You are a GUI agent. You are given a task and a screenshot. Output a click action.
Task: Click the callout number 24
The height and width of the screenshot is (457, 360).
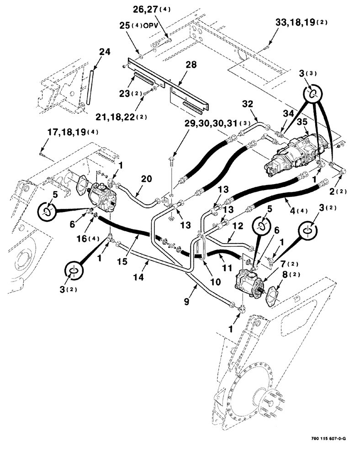(105, 52)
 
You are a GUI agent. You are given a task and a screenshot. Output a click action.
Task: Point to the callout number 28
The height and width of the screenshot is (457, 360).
(191, 65)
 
